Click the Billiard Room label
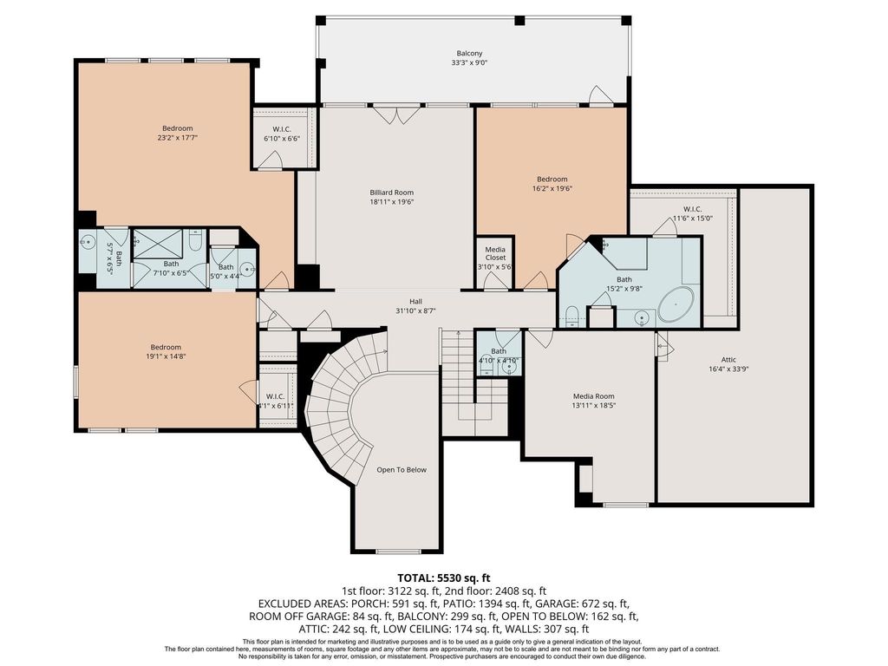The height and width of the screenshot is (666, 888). (x=391, y=193)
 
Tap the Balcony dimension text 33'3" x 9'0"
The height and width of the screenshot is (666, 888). (x=469, y=63)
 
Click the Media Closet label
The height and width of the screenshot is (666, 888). (x=495, y=253)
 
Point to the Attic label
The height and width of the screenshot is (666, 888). (x=728, y=360)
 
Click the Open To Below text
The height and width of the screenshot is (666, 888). (x=402, y=469)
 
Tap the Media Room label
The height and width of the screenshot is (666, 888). (x=593, y=396)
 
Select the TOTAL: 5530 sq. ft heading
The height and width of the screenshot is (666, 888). (x=443, y=578)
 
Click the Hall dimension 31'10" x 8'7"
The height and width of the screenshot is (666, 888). (x=415, y=310)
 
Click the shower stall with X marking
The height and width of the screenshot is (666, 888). (x=158, y=245)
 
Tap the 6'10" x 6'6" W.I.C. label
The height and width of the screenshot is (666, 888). (x=282, y=138)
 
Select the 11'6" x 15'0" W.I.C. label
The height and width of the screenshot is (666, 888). (x=692, y=218)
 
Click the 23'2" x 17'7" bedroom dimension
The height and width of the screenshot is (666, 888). (x=177, y=137)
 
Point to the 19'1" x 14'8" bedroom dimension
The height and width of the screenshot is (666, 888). (x=166, y=356)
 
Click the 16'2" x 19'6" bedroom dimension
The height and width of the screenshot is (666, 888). (x=552, y=188)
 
